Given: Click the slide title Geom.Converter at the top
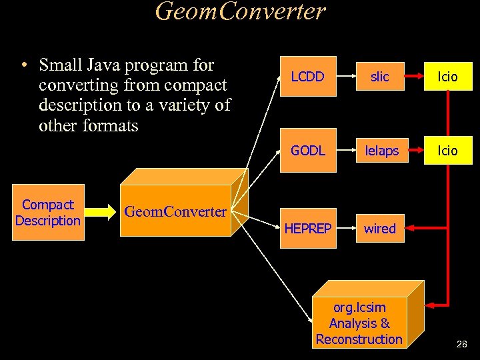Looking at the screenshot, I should click(x=240, y=11).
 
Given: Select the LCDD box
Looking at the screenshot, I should click(x=308, y=77).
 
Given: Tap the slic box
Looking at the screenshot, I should click(x=379, y=77).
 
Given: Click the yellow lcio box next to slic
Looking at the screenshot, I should click(x=447, y=77).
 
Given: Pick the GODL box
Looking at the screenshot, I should click(x=308, y=151).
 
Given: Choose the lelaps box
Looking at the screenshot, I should click(x=381, y=151).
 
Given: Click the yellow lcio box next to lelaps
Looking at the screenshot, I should click(x=447, y=151).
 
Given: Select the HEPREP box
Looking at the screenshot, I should click(x=308, y=229).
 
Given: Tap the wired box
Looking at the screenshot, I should click(x=379, y=229).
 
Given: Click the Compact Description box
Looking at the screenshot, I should click(x=48, y=213).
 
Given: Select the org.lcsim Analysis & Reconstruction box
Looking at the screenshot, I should click(x=359, y=323).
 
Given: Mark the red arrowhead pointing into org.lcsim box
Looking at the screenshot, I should click(x=431, y=305).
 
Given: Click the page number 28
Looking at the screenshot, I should click(x=461, y=345).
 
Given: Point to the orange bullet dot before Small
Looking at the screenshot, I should click(x=23, y=66).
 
